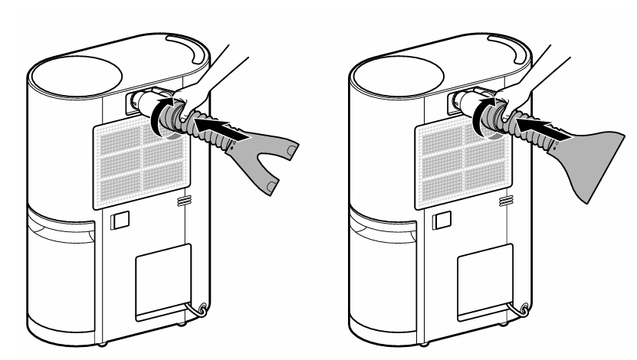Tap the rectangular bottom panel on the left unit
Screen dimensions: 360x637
point(163,282)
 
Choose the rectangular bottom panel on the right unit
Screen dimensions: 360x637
point(484,282)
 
